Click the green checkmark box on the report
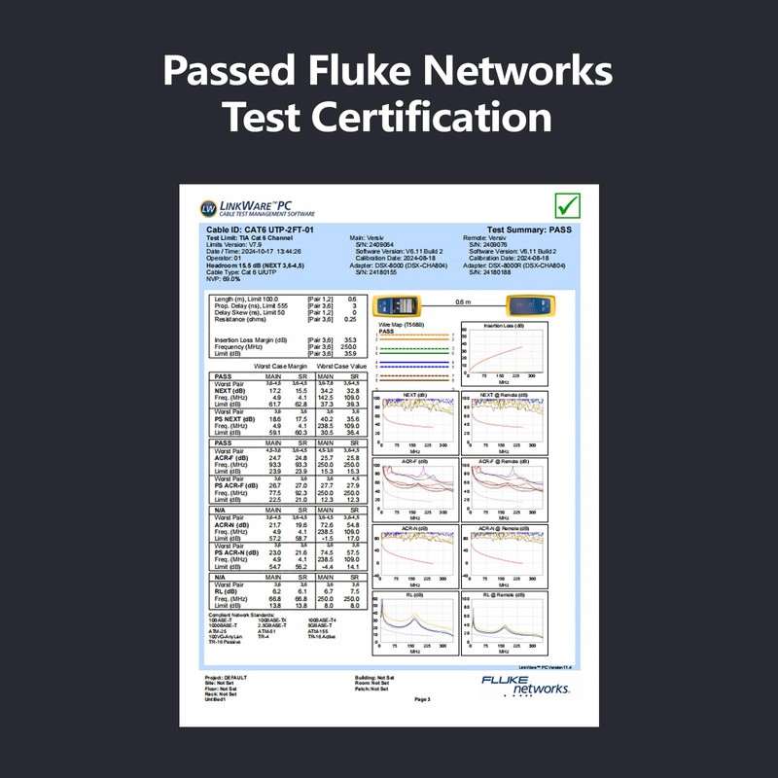pyautogui.click(x=566, y=205)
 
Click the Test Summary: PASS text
pyautogui.click(x=526, y=230)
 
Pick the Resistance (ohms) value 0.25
pyautogui.click(x=351, y=319)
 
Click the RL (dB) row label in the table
pyautogui.click(x=227, y=591)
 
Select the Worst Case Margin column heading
pyautogui.click(x=282, y=366)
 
